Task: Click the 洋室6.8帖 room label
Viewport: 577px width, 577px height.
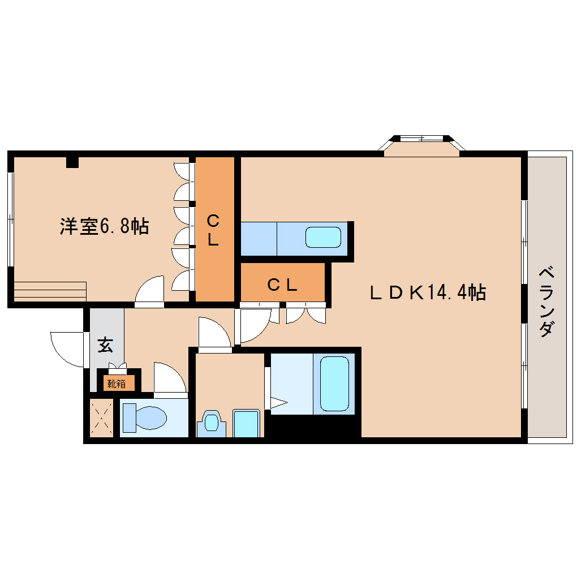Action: [x=105, y=226]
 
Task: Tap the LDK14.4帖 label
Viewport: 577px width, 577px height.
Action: [x=428, y=292]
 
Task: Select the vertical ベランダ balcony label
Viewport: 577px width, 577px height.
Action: [x=546, y=302]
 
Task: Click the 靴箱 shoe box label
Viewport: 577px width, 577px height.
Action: [x=117, y=384]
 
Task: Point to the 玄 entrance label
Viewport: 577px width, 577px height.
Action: [x=105, y=345]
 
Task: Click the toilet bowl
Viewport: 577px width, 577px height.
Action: [x=144, y=417]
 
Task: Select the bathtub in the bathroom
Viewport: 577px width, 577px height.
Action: [x=334, y=384]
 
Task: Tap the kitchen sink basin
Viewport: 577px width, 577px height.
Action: [x=323, y=238]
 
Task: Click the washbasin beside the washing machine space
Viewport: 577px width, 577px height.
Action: [x=211, y=423]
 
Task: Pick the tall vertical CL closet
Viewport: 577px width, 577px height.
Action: [x=214, y=229]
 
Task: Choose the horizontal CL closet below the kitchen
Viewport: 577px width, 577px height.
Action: [x=283, y=282]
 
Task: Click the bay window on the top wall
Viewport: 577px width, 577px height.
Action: [x=421, y=145]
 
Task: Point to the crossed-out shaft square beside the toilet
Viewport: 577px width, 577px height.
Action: [x=102, y=417]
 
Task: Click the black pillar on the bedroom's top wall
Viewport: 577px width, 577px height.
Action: [x=72, y=162]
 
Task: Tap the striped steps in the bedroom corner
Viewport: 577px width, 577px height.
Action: [x=50, y=291]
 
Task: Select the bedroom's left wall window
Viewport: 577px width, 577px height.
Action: [x=11, y=219]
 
